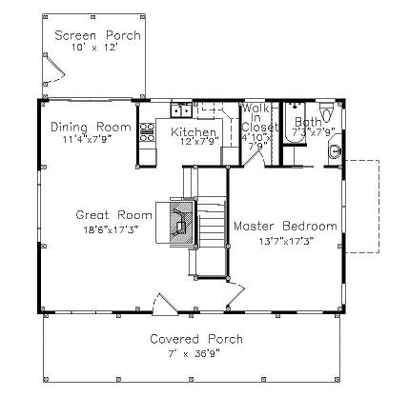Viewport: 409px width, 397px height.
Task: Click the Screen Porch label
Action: click(97, 35)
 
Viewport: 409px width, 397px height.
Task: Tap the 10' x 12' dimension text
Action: click(95, 48)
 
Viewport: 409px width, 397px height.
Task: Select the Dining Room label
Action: click(91, 127)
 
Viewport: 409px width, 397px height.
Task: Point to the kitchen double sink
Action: click(181, 110)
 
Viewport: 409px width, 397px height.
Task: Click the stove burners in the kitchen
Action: click(148, 132)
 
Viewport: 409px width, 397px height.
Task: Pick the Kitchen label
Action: click(194, 131)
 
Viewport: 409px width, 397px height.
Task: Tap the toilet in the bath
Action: click(326, 112)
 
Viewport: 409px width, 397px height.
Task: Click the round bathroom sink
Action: click(336, 151)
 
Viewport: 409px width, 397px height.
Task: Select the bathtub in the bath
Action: click(295, 124)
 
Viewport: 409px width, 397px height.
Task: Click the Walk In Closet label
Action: click(258, 118)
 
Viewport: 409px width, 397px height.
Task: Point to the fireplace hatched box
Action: click(181, 222)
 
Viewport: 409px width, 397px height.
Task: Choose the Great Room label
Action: click(113, 215)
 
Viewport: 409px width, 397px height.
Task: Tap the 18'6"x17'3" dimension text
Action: click(112, 229)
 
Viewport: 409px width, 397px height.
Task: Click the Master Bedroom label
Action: click(285, 227)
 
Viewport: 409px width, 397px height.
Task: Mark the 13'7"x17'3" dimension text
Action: click(287, 242)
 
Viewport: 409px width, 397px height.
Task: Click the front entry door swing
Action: click(164, 305)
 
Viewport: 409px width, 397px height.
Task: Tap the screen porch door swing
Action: click(54, 69)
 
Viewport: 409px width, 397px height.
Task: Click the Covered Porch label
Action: click(196, 339)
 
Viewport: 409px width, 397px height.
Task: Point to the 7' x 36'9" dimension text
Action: click(194, 353)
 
